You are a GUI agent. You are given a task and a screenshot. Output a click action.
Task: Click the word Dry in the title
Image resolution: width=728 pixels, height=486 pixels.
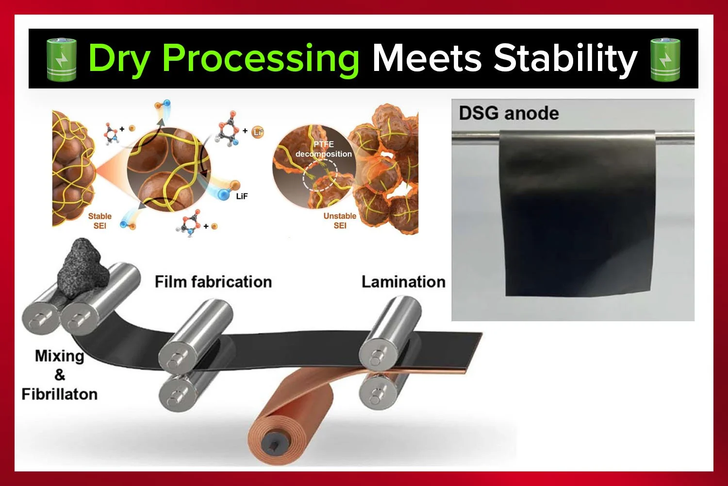(x=119, y=59)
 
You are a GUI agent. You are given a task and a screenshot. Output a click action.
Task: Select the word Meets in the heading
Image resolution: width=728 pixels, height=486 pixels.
(x=427, y=58)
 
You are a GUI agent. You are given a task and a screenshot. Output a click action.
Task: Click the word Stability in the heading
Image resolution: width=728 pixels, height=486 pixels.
(x=565, y=59)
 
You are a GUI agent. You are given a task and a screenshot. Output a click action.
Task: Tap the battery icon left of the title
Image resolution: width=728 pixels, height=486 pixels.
(x=61, y=59)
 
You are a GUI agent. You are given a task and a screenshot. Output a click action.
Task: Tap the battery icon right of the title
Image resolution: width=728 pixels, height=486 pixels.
(x=665, y=59)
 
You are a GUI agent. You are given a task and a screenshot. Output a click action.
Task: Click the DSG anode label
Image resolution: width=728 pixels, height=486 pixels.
(x=509, y=113)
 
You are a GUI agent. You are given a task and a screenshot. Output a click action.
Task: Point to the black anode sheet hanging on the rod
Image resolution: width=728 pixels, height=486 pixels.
(x=578, y=214)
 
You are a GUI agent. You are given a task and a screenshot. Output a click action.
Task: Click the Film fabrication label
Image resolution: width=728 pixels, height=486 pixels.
(x=213, y=282)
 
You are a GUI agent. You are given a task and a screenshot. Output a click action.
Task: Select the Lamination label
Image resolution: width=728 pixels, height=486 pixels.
(x=403, y=282)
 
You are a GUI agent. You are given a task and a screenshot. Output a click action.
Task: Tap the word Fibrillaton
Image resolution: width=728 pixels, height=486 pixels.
(x=59, y=394)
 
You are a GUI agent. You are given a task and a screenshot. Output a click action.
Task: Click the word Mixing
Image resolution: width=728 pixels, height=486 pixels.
(x=59, y=356)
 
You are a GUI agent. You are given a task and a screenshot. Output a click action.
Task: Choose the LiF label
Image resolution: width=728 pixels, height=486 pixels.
(x=242, y=196)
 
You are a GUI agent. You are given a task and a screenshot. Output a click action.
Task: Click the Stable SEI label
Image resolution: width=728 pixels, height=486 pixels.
(x=99, y=221)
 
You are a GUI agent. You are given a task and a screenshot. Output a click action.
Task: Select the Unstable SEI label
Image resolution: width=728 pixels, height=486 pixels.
(x=340, y=221)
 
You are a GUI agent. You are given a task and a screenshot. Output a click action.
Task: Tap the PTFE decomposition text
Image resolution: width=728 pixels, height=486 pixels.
(x=324, y=149)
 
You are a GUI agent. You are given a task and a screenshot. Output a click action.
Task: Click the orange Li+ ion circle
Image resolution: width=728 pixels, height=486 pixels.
(x=258, y=132)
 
